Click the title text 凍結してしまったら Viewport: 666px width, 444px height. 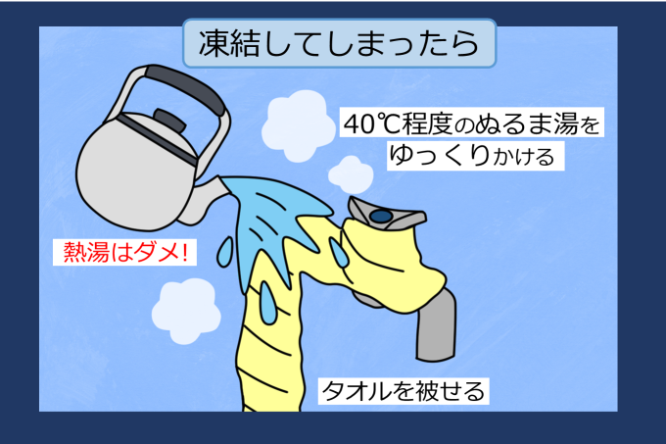339,43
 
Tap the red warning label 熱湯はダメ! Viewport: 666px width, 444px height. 125,252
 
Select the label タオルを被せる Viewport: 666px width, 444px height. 404,391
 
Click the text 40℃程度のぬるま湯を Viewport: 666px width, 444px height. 471,123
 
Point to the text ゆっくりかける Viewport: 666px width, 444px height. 472,156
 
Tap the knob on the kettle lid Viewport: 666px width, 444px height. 169,120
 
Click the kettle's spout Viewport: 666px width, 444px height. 203,200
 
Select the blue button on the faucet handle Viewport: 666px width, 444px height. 381,217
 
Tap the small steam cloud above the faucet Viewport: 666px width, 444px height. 351,174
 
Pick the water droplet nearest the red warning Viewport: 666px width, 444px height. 225,252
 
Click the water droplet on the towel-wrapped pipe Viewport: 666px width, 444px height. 268,303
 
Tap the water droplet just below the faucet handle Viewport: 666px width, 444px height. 339,252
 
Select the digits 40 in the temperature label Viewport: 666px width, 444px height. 357,124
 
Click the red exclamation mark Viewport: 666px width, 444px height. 183,252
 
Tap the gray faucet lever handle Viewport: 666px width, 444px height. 386,214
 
